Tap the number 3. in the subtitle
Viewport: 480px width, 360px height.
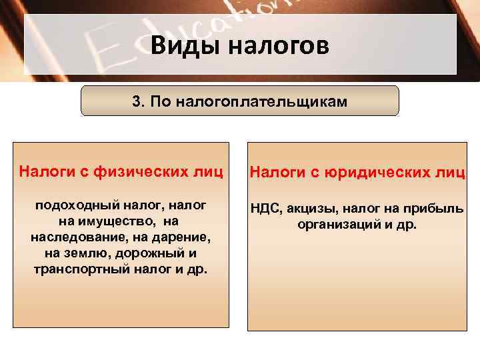pyautogui.click(x=139, y=101)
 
